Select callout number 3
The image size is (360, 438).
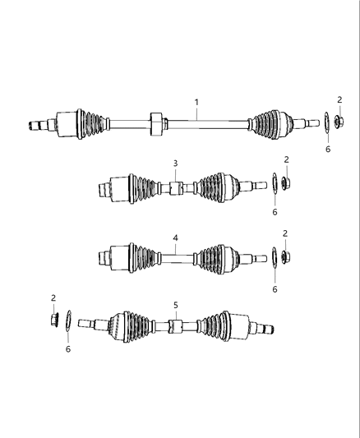click(175, 164)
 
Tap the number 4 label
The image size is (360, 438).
click(175, 238)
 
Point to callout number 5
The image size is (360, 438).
click(175, 305)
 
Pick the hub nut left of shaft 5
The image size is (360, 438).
click(54, 319)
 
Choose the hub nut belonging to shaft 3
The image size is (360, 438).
click(286, 182)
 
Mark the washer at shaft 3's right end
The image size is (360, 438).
click(274, 182)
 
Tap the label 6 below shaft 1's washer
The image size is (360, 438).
click(327, 150)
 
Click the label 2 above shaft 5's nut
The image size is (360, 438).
click(53, 297)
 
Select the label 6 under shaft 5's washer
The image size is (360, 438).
click(69, 349)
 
